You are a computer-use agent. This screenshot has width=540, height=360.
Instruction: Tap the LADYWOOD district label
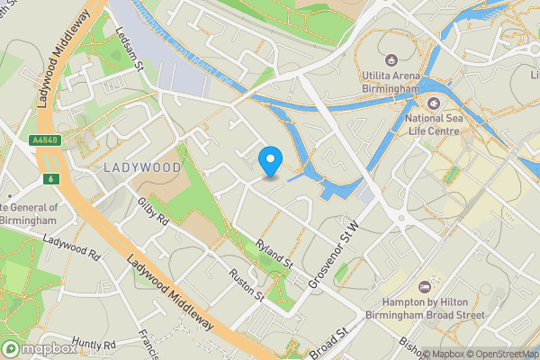142,167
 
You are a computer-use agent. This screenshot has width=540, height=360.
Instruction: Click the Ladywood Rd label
71,247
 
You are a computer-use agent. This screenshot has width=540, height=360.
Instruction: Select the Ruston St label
245,283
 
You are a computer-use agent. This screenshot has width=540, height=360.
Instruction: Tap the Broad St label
328,344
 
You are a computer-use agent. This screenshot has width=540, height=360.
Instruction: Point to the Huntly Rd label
94,345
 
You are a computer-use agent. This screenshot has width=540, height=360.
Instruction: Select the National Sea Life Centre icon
433,102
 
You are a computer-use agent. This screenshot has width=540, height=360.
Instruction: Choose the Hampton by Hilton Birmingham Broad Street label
433,309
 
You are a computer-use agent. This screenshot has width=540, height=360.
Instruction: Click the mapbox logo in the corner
40,348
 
